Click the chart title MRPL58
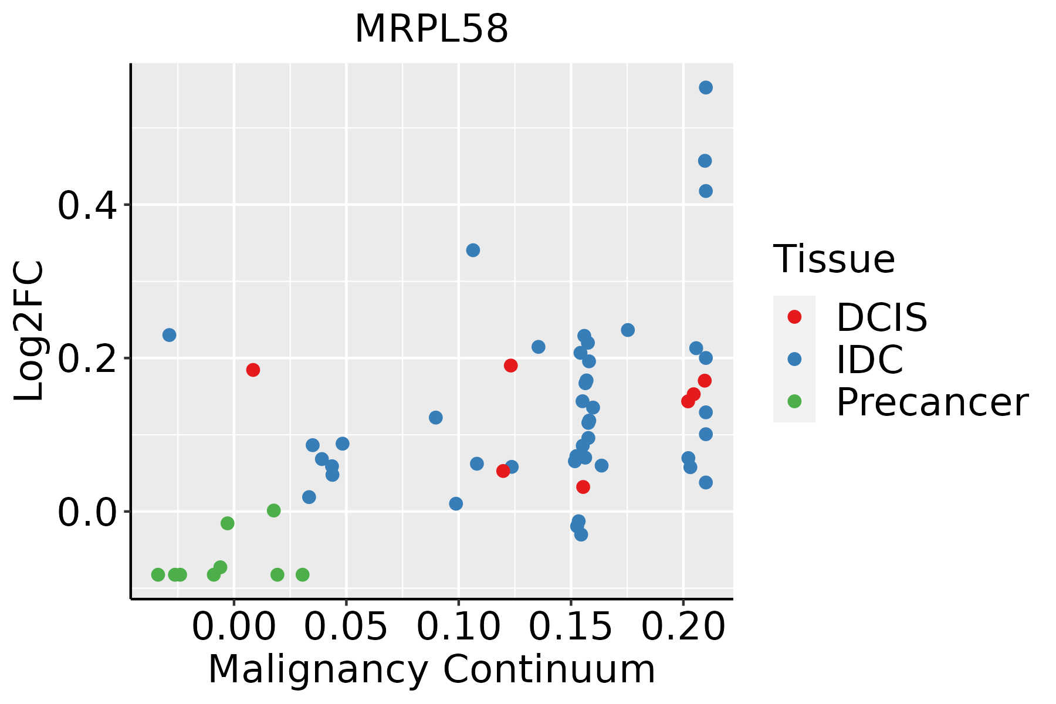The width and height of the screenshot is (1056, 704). pos(431,29)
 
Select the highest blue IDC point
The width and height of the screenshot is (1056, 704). pos(706,87)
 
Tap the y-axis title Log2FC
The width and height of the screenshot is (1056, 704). pos(29,331)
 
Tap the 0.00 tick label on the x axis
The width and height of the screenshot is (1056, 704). pos(233,627)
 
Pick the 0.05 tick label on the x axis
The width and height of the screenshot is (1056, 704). pos(346,627)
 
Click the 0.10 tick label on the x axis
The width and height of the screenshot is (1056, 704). pos(458,627)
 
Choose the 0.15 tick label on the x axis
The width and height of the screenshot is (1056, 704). pos(571,627)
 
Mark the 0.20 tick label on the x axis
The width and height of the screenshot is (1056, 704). pos(683,627)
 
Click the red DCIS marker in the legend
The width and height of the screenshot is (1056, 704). pos(794,317)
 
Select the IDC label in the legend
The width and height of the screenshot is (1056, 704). pos(869,360)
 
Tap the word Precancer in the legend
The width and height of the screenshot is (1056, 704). pos(932,402)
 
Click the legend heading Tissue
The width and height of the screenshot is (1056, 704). pos(834,259)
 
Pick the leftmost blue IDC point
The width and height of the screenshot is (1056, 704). pos(169,335)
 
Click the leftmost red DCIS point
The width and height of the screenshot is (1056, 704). pos(253,370)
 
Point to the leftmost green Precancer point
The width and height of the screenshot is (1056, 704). pos(158,574)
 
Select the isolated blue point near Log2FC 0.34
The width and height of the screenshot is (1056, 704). pos(473,251)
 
